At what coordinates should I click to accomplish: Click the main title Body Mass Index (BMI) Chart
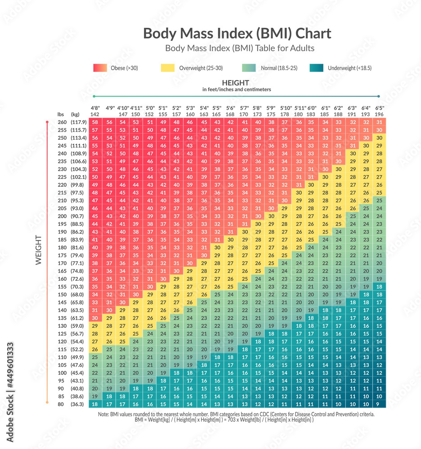[237, 34]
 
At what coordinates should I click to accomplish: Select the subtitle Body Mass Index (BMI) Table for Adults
[240, 48]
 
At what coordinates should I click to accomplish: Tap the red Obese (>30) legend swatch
[100, 68]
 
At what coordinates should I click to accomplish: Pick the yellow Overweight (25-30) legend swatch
[167, 68]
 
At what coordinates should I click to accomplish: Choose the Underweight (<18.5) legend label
[349, 68]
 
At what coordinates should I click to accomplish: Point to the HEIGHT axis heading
[235, 83]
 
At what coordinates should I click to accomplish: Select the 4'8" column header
[95, 108]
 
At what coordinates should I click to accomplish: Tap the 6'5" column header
[379, 108]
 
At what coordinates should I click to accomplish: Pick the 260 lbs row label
[62, 122]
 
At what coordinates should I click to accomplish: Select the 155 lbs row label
[62, 286]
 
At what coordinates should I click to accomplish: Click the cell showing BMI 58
[95, 122]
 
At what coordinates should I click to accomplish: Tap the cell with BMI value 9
[379, 404]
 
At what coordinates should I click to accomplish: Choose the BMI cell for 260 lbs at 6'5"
[379, 122]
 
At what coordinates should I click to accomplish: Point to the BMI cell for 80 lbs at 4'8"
[95, 404]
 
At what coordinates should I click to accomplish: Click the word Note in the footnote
[104, 414]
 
